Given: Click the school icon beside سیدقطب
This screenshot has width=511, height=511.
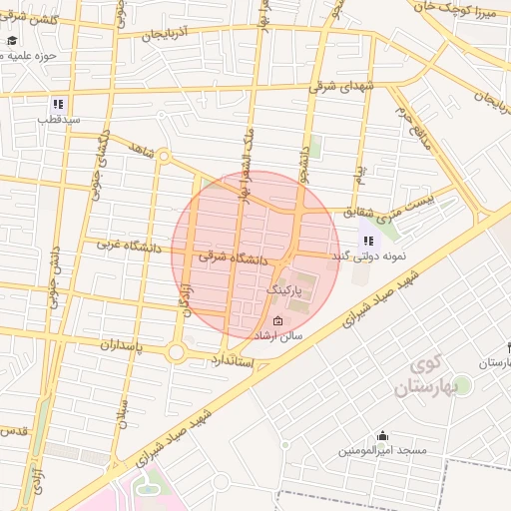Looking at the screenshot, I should pyautogui.click(x=58, y=103).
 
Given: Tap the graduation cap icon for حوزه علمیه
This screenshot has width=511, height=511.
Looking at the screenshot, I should pyautogui.click(x=12, y=41).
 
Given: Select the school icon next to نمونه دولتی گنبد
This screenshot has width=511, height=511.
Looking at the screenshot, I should pyautogui.click(x=368, y=241).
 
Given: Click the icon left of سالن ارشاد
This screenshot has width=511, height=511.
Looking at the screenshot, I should pyautogui.click(x=277, y=321).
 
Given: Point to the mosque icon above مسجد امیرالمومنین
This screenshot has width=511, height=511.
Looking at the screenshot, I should pyautogui.click(x=383, y=435).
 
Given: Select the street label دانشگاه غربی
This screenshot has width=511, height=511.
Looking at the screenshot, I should pyautogui.click(x=129, y=242).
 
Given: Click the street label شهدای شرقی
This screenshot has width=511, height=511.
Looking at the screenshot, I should pyautogui.click(x=341, y=87).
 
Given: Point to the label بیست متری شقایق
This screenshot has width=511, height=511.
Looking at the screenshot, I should pyautogui.click(x=390, y=206).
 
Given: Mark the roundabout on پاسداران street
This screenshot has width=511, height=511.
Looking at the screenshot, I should pyautogui.click(x=176, y=351).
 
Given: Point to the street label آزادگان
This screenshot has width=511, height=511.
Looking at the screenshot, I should pyautogui.click(x=186, y=298).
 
